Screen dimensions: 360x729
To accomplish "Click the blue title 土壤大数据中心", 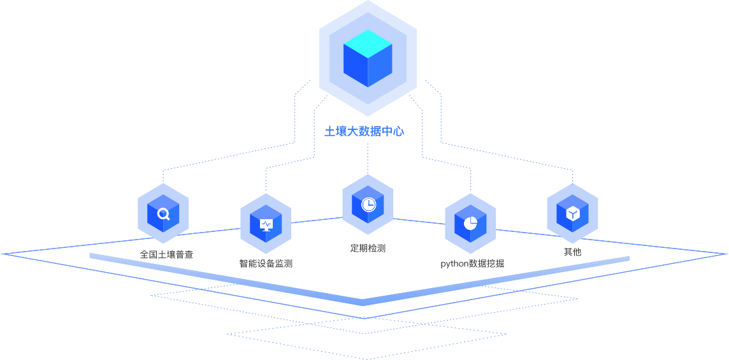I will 364,131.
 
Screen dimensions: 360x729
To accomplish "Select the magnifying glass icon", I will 164,213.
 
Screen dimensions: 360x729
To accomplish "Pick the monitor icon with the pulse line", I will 266,224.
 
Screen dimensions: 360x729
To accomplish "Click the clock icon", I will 368,205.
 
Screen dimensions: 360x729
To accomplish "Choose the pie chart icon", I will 470,224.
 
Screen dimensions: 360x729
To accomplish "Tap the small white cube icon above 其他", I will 572,213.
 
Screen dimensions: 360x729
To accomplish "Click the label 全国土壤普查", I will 166,255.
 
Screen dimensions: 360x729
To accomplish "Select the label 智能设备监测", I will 266,263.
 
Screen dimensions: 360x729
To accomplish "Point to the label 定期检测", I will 368,248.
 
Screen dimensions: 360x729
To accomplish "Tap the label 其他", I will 572,252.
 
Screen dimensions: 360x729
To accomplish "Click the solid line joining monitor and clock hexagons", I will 317,220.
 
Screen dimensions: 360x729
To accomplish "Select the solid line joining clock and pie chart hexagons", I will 419,221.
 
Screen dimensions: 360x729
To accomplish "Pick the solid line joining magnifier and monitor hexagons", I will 215,230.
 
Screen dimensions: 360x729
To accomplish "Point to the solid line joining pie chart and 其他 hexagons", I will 521,230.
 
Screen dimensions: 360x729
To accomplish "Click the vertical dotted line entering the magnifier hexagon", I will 163,176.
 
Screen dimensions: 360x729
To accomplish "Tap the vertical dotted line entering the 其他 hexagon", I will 572,176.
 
